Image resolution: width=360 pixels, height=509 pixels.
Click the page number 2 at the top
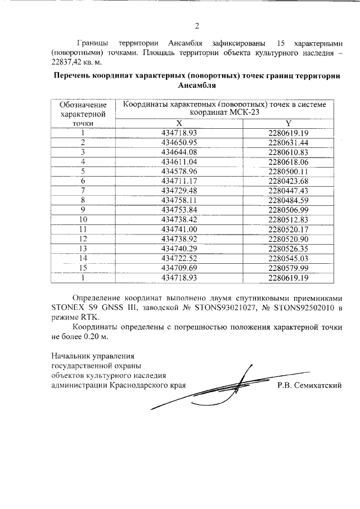(x=197, y=25)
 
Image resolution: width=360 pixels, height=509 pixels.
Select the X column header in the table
(x=179, y=123)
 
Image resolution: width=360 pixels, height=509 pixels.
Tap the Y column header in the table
(x=288, y=123)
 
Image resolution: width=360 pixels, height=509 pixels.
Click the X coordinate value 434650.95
(x=179, y=142)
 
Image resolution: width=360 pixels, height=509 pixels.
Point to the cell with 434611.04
(x=179, y=161)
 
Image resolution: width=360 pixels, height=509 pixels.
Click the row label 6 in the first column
(x=83, y=181)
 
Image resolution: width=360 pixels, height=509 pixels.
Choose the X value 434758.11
(x=179, y=200)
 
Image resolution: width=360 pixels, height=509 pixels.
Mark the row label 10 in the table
(x=83, y=219)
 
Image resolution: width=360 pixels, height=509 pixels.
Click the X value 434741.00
(x=179, y=229)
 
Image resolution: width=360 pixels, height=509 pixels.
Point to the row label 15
(x=83, y=267)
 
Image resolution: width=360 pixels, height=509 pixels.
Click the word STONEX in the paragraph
(x=67, y=308)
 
